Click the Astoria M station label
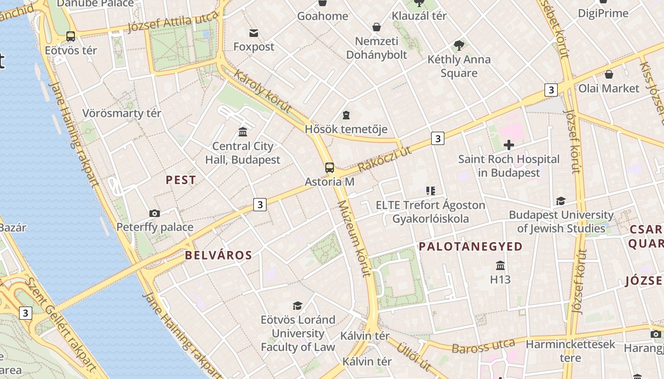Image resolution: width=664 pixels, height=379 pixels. [x=329, y=182]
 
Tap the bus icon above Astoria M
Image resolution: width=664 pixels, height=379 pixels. [x=329, y=168]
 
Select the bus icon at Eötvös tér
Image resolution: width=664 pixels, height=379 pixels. [x=71, y=36]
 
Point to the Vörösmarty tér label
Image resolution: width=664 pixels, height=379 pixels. [x=122, y=113]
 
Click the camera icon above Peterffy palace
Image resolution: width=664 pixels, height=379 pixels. [x=154, y=214]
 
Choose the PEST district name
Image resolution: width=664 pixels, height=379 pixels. [x=181, y=180]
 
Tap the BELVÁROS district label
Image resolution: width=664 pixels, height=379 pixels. [x=218, y=255]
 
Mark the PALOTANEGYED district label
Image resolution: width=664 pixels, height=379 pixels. [x=470, y=246]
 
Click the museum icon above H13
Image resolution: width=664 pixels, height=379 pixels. [x=500, y=265]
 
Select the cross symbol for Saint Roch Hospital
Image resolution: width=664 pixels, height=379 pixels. [x=509, y=145]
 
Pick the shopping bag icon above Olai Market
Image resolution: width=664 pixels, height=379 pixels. [x=609, y=74]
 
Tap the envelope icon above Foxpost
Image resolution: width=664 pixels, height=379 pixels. [x=254, y=33]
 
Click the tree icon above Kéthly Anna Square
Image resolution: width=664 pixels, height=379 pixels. [x=459, y=45]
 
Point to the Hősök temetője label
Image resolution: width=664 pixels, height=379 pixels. [x=346, y=129]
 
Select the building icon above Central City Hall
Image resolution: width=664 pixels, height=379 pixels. [x=243, y=131]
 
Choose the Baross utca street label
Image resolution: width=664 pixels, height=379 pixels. [x=483, y=346]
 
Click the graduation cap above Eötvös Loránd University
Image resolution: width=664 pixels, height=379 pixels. [x=297, y=306]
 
